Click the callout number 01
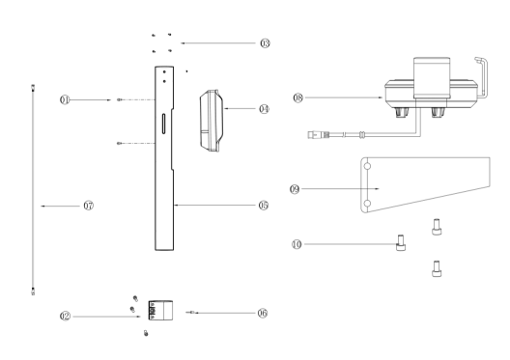pyautogui.click(x=65, y=99)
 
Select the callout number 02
pyautogui.click(x=65, y=317)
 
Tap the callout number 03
pyautogui.click(x=265, y=43)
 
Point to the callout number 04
pyautogui.click(x=264, y=109)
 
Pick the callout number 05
pyautogui.click(x=264, y=206)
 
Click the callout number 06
pyautogui.click(x=263, y=313)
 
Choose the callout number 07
pyautogui.click(x=89, y=206)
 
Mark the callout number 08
pyautogui.click(x=297, y=97)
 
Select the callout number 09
pyautogui.click(x=295, y=189)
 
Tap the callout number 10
pyautogui.click(x=297, y=244)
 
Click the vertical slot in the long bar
pyautogui.click(x=163, y=124)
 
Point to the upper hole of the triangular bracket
pyautogui.click(x=367, y=166)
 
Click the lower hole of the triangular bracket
pyautogui.click(x=367, y=204)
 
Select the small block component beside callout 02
pyautogui.click(x=160, y=311)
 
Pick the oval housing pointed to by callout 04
pyautogui.click(x=212, y=121)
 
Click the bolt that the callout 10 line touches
pyautogui.click(x=401, y=243)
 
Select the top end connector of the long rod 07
pyautogui.click(x=33, y=88)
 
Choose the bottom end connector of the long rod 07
pyautogui.click(x=33, y=291)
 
